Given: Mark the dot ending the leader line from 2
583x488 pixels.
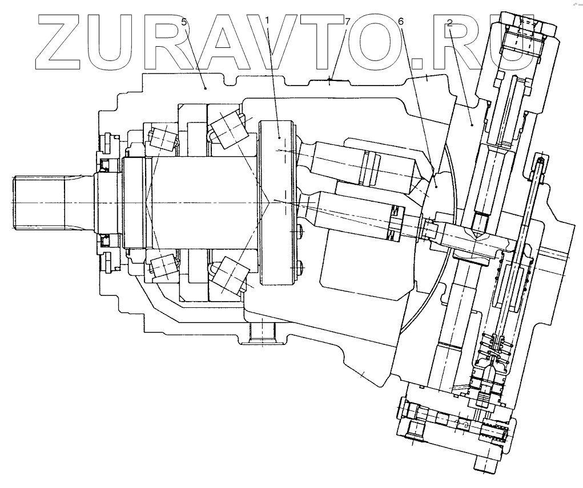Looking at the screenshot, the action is (x=472, y=123).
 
